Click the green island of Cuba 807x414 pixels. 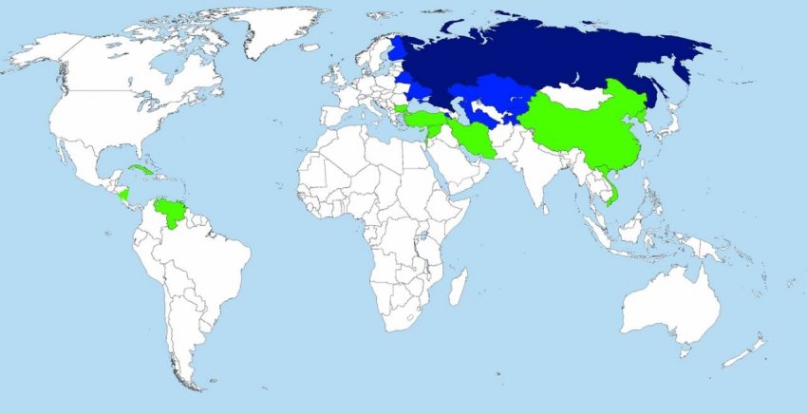[x=141, y=170]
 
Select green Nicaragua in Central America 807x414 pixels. [x=123, y=196]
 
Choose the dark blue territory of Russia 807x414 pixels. [x=551, y=57]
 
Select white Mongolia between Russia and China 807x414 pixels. [x=575, y=94]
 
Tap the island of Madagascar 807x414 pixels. [x=459, y=286]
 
